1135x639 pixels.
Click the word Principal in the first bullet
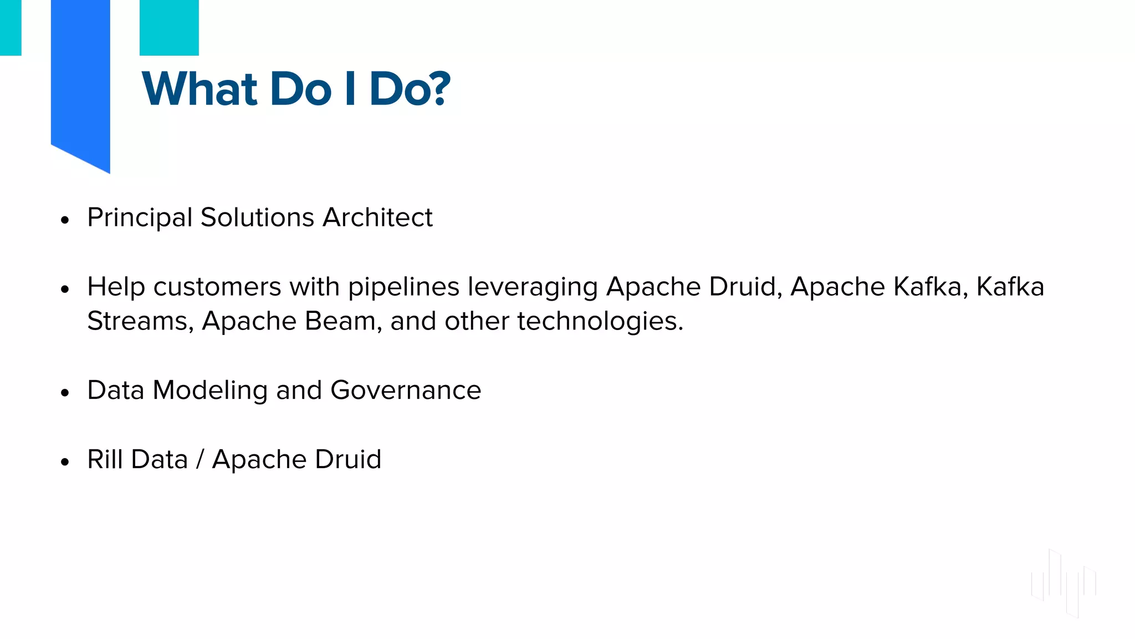(140, 217)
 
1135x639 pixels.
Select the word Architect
(377, 217)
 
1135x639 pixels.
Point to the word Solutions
(257, 217)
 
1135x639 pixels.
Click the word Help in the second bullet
(116, 287)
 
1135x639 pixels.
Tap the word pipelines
(403, 287)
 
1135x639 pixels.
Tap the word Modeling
(210, 390)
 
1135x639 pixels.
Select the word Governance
(406, 390)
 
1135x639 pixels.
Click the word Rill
(105, 459)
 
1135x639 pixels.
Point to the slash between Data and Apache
(200, 460)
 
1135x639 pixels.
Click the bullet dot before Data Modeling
(65, 393)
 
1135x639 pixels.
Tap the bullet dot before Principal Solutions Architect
(65, 220)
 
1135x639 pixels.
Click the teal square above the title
(169, 27)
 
